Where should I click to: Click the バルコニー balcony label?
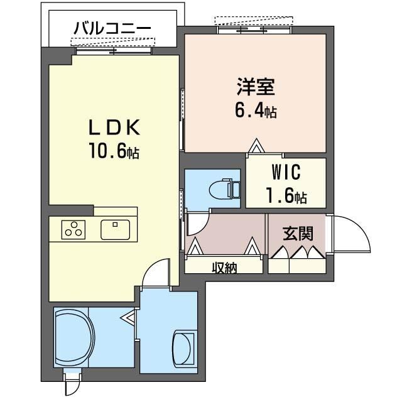(x=112, y=28)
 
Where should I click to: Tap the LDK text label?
(x=114, y=128)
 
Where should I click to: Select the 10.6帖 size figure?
(x=114, y=151)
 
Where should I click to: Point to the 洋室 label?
(x=256, y=87)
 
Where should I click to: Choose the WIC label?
(x=286, y=172)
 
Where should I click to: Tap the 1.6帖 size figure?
(x=286, y=195)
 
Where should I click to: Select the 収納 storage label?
(x=224, y=268)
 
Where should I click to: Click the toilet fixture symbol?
(x=225, y=189)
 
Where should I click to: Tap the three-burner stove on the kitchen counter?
(x=73, y=229)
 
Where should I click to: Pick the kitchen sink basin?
(x=115, y=230)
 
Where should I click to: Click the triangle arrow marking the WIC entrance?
(x=256, y=146)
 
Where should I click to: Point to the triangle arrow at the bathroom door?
(x=128, y=318)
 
